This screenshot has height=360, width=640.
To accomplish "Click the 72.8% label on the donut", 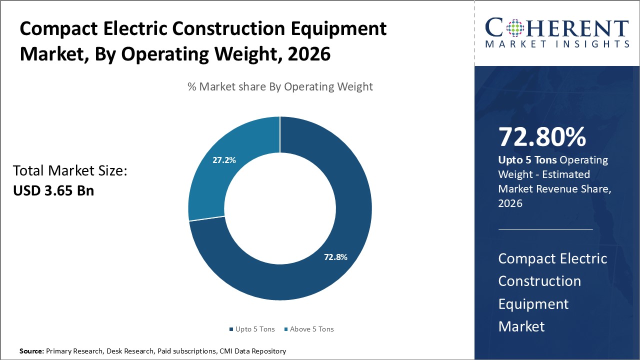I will [335, 257].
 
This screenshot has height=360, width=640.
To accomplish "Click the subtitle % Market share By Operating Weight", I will [280, 86].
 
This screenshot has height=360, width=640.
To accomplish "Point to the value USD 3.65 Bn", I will [53, 190].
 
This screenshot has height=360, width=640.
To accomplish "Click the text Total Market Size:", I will [70, 171].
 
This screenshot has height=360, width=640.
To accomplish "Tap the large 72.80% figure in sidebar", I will [542, 137].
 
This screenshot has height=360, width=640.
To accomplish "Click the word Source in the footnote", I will [31, 351].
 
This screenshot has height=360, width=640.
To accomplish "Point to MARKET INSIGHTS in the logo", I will [557, 44].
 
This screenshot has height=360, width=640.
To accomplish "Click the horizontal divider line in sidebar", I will [545, 229].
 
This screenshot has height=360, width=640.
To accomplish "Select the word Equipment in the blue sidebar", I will [533, 303].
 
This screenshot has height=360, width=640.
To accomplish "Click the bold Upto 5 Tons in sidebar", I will [527, 160].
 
